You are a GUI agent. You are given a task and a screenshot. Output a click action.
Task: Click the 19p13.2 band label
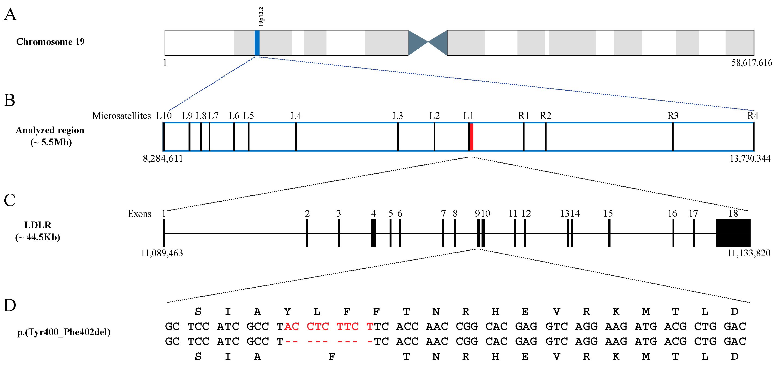261,17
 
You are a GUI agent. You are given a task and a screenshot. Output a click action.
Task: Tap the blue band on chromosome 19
257,43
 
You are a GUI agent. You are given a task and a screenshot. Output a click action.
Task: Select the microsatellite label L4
296,116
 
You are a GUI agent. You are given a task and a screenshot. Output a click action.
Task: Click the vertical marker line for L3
398,137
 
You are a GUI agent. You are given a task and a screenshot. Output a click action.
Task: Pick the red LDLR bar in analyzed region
471,137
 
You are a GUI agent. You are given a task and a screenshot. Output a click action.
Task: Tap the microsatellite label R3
673,116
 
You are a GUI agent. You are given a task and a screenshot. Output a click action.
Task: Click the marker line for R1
524,137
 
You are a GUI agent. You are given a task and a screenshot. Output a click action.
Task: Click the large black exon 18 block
733,233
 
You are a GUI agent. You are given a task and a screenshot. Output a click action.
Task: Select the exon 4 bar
374,233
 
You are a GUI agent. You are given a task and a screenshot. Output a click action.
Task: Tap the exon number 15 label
608,214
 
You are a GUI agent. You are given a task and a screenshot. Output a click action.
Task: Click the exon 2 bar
307,233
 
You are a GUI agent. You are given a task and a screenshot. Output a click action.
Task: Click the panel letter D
10,305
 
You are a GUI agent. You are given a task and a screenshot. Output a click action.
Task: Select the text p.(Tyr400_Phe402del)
64,332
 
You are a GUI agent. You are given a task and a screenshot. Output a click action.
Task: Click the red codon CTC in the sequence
317,327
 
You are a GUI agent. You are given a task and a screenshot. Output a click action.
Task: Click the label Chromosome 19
50,42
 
